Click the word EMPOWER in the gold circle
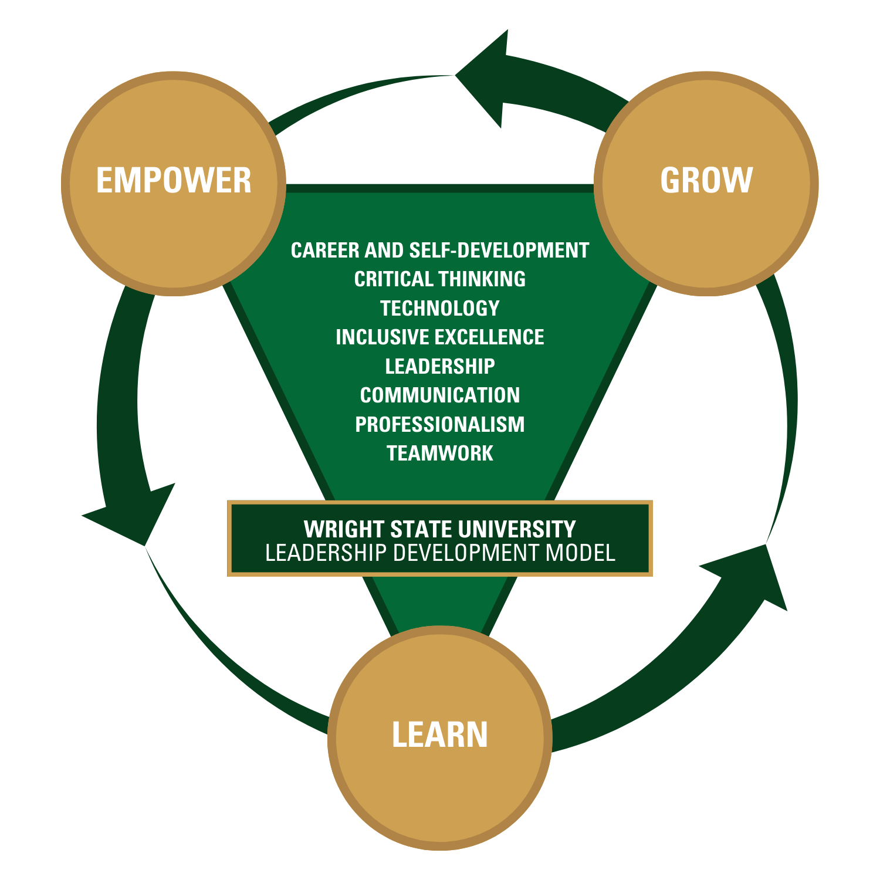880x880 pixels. [x=174, y=180]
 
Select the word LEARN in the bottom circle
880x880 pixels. [x=439, y=735]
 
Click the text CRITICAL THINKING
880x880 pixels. [x=439, y=279]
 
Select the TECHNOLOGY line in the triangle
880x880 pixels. [x=439, y=308]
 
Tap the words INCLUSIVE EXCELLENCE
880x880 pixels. [x=439, y=337]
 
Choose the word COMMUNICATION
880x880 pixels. [x=439, y=395]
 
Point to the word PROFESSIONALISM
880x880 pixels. [x=439, y=424]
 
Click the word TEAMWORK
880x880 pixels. [x=439, y=453]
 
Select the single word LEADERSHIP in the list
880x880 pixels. [x=439, y=366]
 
